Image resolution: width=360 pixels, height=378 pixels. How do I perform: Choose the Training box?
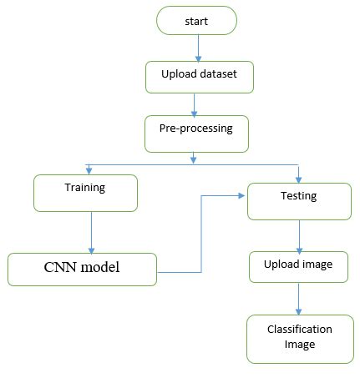coord(84,193)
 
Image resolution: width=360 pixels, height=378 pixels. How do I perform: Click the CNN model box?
coord(82,269)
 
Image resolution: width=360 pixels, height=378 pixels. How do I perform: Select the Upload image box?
coord(298,265)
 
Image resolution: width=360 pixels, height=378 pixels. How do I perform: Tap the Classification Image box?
coord(298,337)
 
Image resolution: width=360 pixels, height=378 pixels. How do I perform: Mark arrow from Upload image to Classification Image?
coord(298,298)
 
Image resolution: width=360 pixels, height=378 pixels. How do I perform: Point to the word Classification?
coord(298,330)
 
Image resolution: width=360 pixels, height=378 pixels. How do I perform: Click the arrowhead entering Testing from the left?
coord(241,196)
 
